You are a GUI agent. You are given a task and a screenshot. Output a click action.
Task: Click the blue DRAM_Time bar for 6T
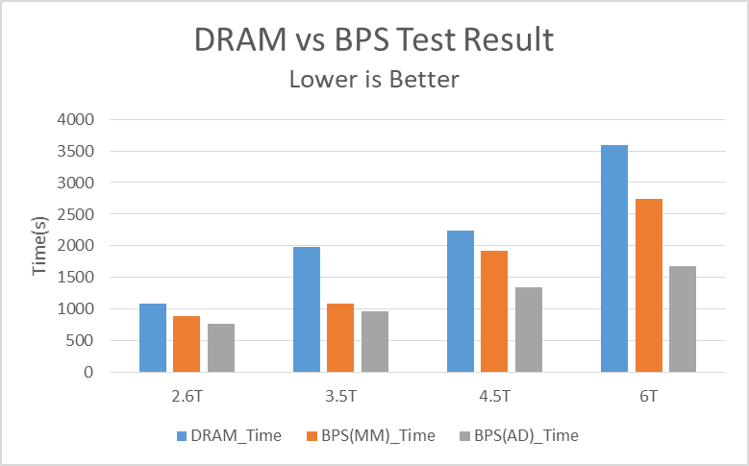(x=614, y=258)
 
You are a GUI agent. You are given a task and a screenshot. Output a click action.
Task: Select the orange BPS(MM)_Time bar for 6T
(x=649, y=285)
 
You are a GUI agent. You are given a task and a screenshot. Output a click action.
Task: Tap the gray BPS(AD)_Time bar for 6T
(x=683, y=319)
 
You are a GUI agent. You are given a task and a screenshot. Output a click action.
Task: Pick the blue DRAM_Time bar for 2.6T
(x=153, y=337)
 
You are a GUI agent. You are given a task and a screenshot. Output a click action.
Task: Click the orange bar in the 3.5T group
(x=340, y=337)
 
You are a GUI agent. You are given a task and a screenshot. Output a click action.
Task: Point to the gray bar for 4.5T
(x=529, y=330)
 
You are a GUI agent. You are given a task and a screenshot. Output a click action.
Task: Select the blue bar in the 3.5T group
(x=307, y=309)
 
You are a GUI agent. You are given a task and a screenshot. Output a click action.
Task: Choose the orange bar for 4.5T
(x=495, y=311)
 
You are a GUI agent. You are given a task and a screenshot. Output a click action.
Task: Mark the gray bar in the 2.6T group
(x=221, y=348)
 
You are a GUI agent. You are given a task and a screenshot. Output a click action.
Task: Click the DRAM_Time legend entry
(x=230, y=435)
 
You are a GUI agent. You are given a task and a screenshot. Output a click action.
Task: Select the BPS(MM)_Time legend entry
(x=373, y=435)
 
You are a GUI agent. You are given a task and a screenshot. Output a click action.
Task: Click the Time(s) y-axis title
(x=40, y=246)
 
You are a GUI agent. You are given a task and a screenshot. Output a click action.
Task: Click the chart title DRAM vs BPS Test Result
(x=374, y=39)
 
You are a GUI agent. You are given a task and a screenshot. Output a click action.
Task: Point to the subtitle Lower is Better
(x=374, y=79)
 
